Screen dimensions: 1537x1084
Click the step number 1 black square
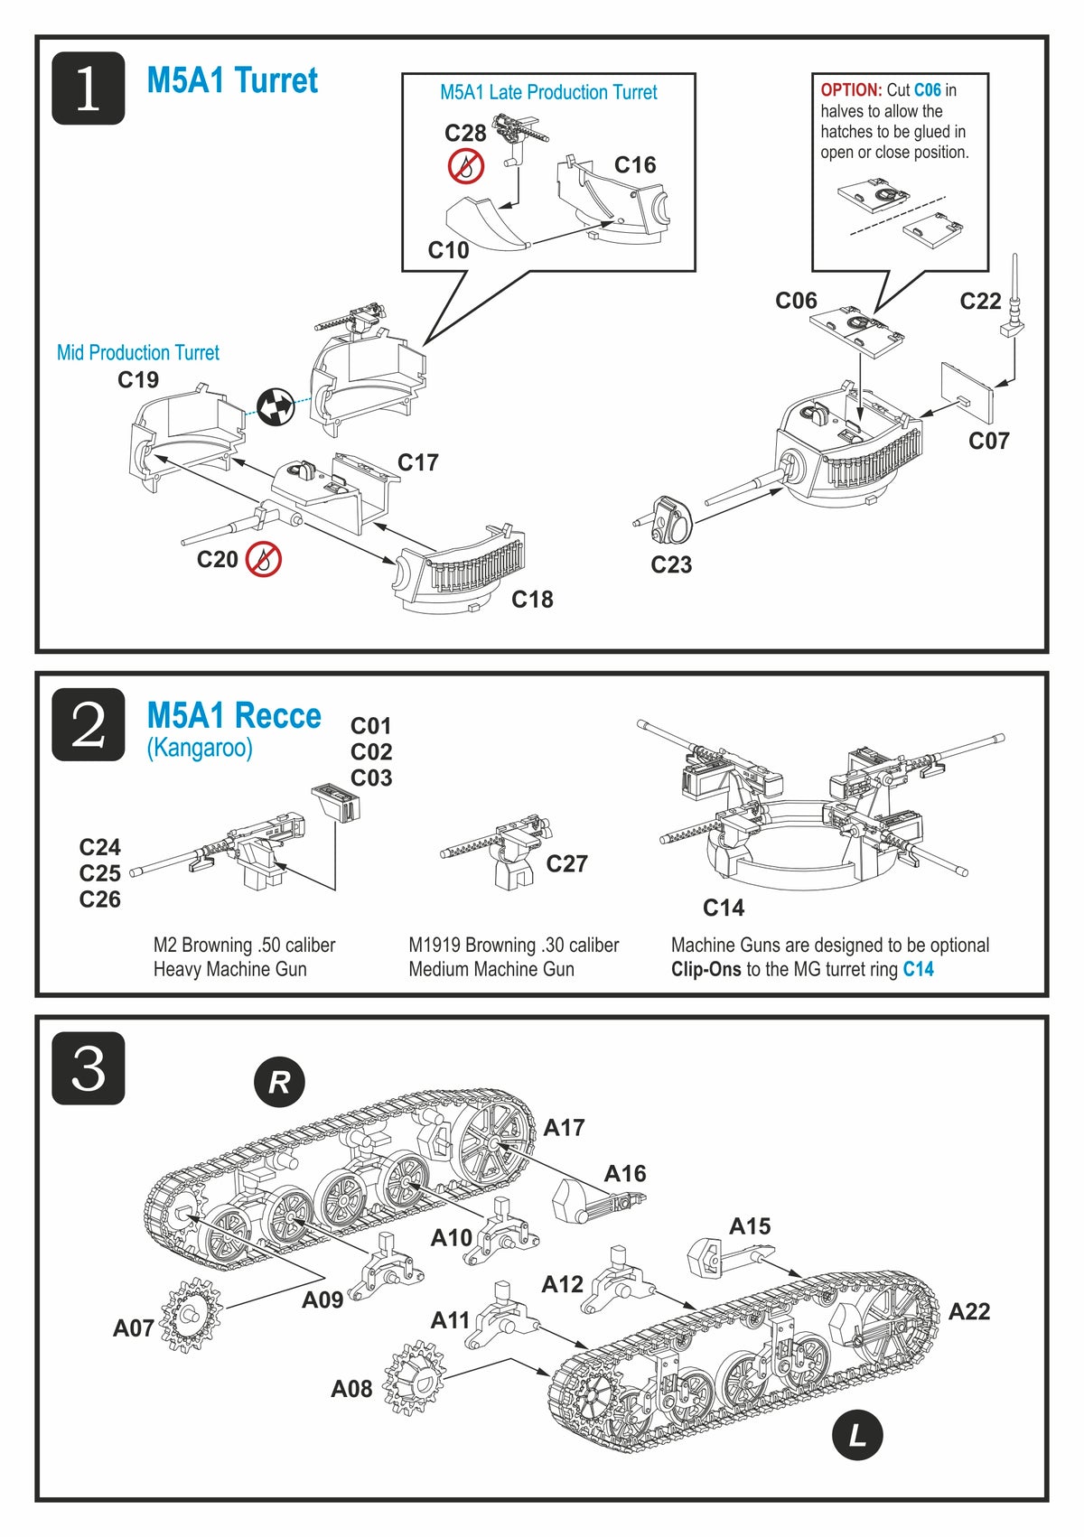88,88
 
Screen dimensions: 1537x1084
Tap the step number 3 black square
88,1068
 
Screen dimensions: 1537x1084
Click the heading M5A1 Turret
232,81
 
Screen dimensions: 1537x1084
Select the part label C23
671,564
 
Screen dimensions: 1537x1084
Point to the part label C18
532,599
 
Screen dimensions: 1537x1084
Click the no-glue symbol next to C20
264,560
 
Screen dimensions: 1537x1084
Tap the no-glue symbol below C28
466,166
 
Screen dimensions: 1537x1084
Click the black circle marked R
279,1082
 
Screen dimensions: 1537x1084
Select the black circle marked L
856,1434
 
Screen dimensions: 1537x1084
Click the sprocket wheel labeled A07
191,1315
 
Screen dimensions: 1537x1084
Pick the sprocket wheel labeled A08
415,1377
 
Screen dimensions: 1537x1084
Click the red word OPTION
851,90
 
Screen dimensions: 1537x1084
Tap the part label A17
564,1127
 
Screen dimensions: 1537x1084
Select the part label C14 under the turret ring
724,908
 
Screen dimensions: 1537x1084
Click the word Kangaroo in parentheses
200,748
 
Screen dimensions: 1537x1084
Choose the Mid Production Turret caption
137,352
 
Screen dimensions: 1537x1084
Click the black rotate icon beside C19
276,406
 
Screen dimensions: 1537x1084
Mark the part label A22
968,1311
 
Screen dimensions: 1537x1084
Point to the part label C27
566,864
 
